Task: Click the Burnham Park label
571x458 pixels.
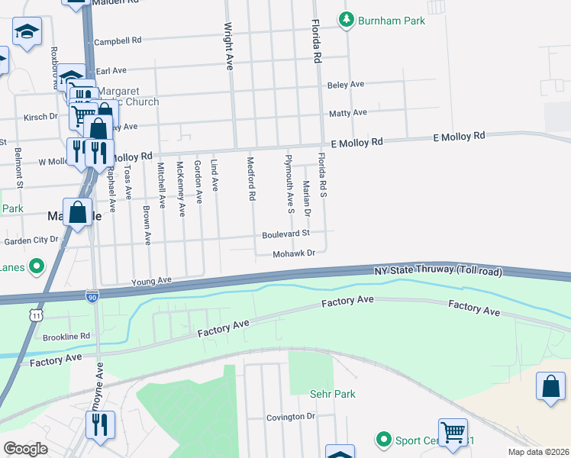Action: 392,21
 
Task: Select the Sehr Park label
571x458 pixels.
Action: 332,394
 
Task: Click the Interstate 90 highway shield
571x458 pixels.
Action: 92,295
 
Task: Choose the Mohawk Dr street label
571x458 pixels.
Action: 294,253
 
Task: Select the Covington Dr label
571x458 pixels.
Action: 291,417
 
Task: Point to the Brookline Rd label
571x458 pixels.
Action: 66,336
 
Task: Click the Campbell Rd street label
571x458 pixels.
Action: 118,40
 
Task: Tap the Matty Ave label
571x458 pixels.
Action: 347,113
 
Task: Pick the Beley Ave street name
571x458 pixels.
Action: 346,85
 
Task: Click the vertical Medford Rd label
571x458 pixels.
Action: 250,179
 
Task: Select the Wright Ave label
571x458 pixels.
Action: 227,46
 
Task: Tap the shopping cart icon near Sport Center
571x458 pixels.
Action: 453,432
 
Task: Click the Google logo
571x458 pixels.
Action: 25,449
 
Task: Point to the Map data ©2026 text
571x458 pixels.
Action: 538,452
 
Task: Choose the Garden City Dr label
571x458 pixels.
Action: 31,240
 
